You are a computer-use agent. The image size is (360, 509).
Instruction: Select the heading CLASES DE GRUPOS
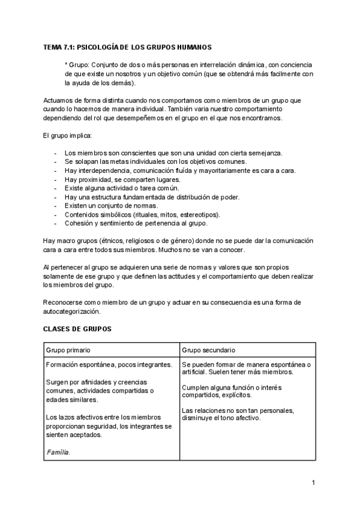pos(77,330)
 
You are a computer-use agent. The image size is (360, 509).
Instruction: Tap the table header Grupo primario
pos(68,350)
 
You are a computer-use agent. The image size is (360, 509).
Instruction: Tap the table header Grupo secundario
pos(208,350)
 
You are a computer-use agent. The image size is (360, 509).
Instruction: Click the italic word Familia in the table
pos(58,453)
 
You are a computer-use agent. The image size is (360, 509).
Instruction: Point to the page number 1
pos(313,482)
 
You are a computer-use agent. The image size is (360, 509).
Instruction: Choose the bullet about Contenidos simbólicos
pos(142,215)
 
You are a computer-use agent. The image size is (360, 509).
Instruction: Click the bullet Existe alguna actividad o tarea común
pos(122,188)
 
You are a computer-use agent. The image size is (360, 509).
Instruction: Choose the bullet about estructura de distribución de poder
pos(152,197)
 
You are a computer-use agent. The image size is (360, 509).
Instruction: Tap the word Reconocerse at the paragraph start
pos(62,303)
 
